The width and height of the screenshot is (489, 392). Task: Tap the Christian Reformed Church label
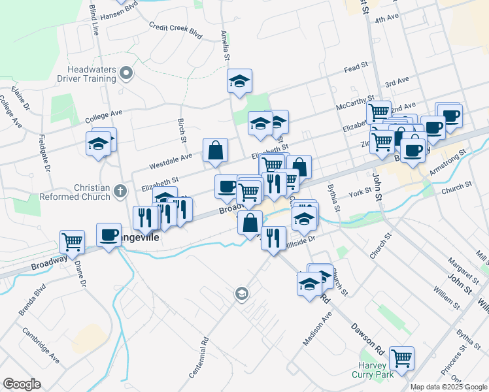point(77,192)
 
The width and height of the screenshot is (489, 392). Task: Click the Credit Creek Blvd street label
point(176,30)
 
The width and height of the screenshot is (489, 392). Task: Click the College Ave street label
point(104,117)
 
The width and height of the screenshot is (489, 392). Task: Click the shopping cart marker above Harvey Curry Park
point(401,357)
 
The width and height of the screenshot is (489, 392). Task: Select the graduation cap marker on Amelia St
point(240,81)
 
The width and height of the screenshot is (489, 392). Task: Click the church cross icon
point(119,191)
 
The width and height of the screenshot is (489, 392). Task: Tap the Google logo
point(22,384)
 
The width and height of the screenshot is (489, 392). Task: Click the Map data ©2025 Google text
point(448,387)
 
